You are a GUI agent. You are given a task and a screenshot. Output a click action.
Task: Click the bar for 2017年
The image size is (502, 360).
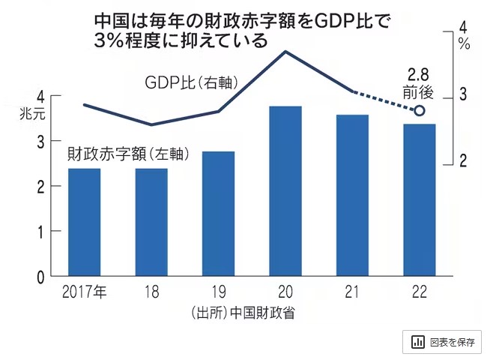84,223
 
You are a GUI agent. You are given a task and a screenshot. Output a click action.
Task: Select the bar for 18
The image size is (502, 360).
151,223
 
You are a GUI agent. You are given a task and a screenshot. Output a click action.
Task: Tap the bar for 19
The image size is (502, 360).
218,214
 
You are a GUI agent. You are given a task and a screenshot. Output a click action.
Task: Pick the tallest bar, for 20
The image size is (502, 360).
285,192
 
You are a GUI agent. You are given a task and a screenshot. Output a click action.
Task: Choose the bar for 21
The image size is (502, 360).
352,196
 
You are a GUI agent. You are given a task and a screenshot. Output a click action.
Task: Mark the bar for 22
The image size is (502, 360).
420,200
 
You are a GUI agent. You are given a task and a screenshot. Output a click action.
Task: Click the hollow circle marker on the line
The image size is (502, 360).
420,111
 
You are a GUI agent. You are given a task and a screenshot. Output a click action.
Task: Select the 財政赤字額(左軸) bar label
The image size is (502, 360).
127,154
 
